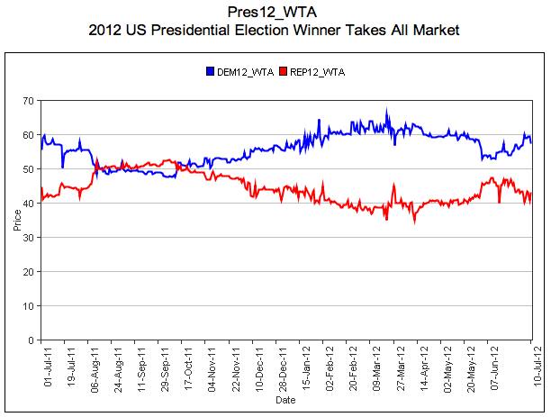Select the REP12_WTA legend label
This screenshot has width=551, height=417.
[x=318, y=70]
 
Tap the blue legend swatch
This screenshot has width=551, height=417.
[x=210, y=70]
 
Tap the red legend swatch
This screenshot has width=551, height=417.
[x=284, y=70]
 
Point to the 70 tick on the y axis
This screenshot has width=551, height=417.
[x=30, y=100]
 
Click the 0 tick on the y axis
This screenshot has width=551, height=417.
[x=32, y=340]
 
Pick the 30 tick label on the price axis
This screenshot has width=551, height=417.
[x=30, y=238]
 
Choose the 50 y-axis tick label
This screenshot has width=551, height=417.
[x=30, y=169]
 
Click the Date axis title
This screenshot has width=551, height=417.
[x=285, y=398]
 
